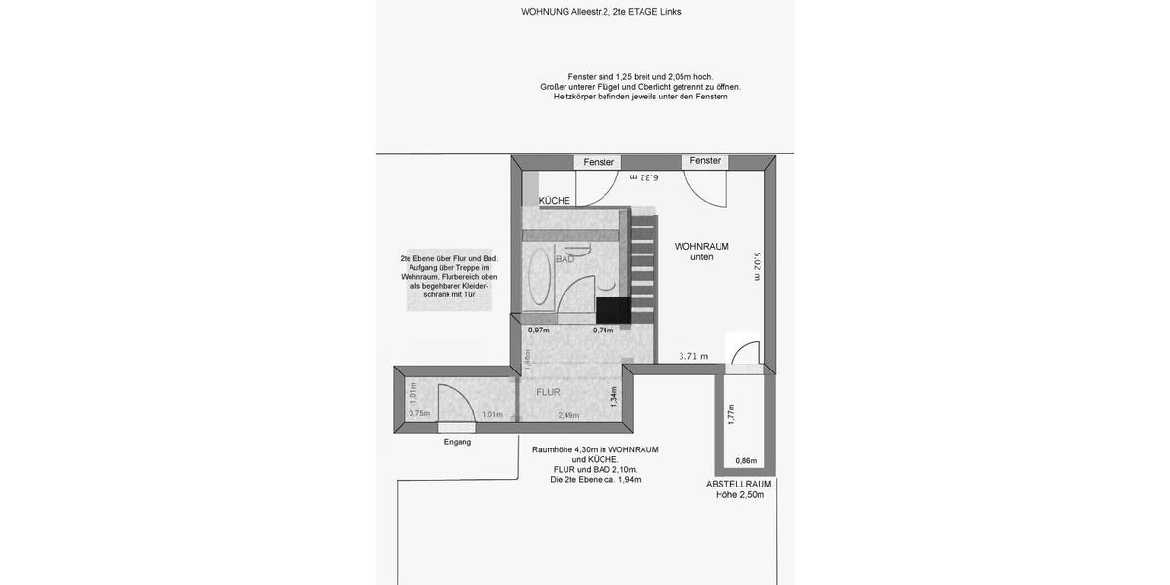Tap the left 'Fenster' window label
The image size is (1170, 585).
pyautogui.click(x=599, y=162)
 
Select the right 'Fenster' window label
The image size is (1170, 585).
pyautogui.click(x=705, y=161)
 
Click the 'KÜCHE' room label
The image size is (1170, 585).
pyautogui.click(x=555, y=201)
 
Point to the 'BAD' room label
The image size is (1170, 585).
pyautogui.click(x=565, y=260)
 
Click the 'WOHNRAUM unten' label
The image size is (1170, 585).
pyautogui.click(x=702, y=252)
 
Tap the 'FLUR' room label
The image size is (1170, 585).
pyautogui.click(x=548, y=392)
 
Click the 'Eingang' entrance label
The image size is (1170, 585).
pyautogui.click(x=456, y=442)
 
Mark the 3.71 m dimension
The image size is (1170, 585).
pyautogui.click(x=693, y=357)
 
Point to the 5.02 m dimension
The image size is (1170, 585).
pyautogui.click(x=757, y=266)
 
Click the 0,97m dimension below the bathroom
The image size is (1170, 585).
pyautogui.click(x=539, y=331)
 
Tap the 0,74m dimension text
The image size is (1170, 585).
pyautogui.click(x=603, y=331)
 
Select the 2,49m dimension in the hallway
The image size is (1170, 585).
pyautogui.click(x=568, y=415)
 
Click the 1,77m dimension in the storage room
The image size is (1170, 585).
pyautogui.click(x=730, y=415)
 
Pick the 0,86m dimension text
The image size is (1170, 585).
pyautogui.click(x=746, y=461)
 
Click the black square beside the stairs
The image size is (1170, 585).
pyautogui.click(x=611, y=311)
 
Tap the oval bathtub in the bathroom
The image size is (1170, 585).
pyautogui.click(x=539, y=280)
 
